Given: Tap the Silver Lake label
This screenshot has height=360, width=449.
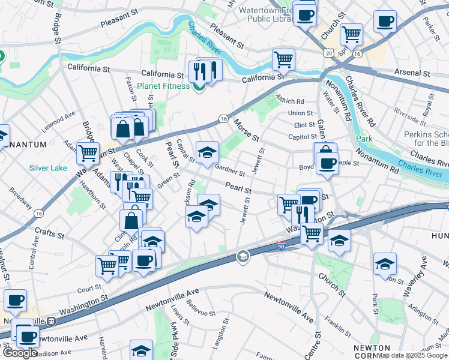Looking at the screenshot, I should (x=48, y=168).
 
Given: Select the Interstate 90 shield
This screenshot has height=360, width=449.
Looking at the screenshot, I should (x=281, y=246).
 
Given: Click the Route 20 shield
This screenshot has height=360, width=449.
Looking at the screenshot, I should (x=328, y=53).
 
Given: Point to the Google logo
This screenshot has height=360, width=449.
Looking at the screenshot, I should (x=19, y=353).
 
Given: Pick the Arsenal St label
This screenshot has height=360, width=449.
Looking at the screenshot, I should (x=412, y=73).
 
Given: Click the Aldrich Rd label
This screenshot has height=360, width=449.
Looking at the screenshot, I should (x=290, y=101).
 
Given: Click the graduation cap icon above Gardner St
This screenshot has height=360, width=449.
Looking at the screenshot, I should (x=207, y=152).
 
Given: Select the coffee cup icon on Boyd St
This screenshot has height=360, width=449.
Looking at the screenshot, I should (x=327, y=164).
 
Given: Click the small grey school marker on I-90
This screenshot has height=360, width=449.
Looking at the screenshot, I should (x=243, y=257).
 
